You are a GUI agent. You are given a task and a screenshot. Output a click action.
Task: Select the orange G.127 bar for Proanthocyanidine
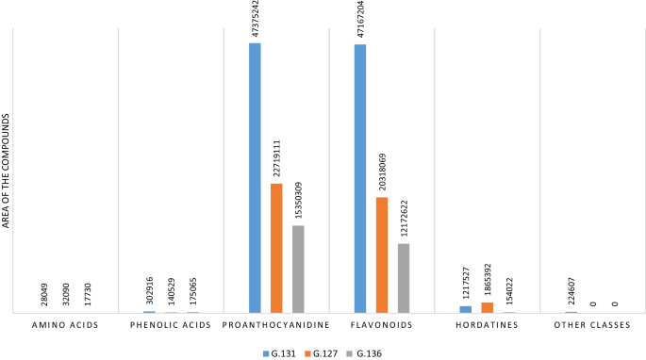(x=276, y=248)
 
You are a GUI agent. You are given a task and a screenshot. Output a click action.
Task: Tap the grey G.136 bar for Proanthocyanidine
(x=298, y=269)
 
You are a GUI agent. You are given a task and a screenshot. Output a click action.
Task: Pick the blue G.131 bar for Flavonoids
(x=360, y=178)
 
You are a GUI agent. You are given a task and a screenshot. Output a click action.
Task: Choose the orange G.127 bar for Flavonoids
(x=382, y=254)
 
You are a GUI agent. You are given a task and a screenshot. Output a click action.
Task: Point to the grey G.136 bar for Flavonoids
(x=404, y=278)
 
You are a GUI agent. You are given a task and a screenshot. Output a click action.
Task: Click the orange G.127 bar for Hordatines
(x=488, y=307)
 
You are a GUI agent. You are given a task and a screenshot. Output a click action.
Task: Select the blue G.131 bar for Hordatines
(x=466, y=309)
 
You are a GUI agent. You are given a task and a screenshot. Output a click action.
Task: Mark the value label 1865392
(x=488, y=280)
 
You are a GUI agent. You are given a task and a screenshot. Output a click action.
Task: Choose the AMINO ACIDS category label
(x=65, y=325)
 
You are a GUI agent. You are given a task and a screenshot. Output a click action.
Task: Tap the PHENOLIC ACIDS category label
(x=171, y=325)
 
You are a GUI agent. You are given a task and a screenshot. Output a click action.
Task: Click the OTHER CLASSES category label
(x=592, y=325)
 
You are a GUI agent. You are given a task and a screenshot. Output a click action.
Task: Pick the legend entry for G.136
(x=368, y=352)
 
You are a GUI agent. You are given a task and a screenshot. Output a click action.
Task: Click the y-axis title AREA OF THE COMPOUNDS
(x=8, y=170)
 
